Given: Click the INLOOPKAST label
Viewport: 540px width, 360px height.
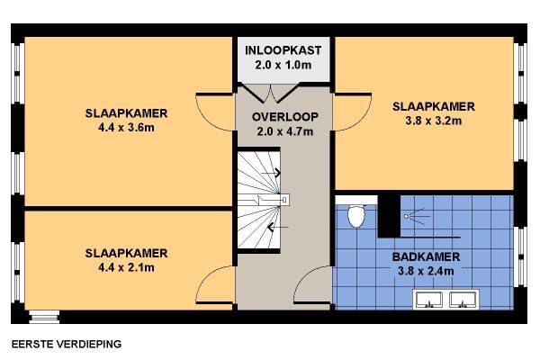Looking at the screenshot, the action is tap(283, 50).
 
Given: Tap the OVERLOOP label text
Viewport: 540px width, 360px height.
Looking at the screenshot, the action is tap(285, 117).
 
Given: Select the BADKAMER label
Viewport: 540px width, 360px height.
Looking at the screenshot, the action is tap(426, 256).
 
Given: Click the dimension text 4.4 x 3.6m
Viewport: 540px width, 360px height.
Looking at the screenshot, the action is tap(126, 128).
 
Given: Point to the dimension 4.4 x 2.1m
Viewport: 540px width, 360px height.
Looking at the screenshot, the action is tap(126, 267).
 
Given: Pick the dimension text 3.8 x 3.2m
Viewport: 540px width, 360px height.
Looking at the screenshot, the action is tap(434, 121).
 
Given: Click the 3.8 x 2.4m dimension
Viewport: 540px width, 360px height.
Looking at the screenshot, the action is tap(426, 271).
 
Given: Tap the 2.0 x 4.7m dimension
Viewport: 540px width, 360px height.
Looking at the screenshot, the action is tap(285, 131).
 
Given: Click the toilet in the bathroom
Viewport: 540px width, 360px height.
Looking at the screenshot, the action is tap(356, 215).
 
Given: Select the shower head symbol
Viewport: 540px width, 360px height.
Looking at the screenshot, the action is tap(417, 216).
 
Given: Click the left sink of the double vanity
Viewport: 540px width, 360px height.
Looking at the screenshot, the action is tap(429, 300).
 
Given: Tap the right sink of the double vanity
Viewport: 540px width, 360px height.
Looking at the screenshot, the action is tap(463, 300).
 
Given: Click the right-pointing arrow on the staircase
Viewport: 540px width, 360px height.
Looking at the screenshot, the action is tap(271, 173).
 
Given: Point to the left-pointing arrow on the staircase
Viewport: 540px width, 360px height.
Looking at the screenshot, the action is tap(277, 227).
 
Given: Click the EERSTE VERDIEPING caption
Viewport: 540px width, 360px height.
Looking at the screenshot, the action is tap(67, 344).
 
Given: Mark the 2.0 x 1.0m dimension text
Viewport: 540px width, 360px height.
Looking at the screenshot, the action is tap(283, 65).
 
